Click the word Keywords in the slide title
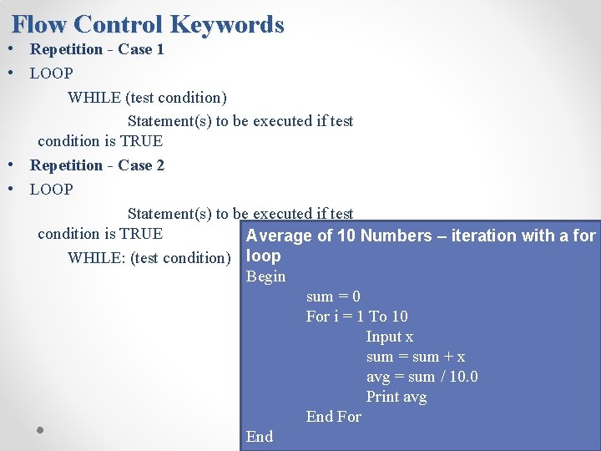point(228,25)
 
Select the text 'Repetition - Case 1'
point(97,49)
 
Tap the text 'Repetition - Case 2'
point(97,165)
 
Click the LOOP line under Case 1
point(52,73)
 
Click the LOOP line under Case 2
point(52,190)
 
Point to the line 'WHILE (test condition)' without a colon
point(147,98)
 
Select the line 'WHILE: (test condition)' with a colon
point(149,258)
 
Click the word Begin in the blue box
point(265,276)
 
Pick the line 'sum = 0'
point(333,296)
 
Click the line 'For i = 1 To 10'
point(356,317)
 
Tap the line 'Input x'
point(389,337)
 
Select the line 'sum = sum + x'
point(416,357)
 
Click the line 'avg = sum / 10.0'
point(422,377)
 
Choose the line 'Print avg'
point(396,397)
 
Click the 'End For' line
point(333,417)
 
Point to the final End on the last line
point(259,437)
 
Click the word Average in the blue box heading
point(280,236)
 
